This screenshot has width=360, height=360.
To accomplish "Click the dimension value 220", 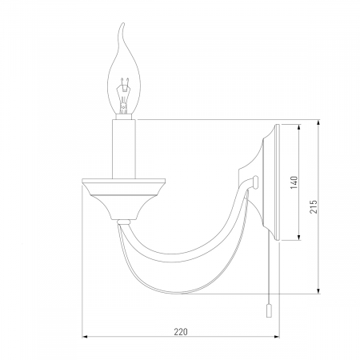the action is (181, 332).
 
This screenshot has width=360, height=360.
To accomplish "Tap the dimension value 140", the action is (294, 182).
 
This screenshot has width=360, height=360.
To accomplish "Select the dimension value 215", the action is (314, 206).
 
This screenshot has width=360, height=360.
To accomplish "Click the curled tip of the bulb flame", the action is (122, 25).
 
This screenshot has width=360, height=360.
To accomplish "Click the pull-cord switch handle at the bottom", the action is (269, 311).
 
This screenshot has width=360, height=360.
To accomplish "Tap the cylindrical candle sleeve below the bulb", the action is (124, 149).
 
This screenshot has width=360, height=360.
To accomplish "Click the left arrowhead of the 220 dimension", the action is (85, 337).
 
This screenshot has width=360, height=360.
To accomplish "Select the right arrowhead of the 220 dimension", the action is (277, 337).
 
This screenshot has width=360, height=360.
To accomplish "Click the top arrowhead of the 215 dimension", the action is (318, 123).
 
